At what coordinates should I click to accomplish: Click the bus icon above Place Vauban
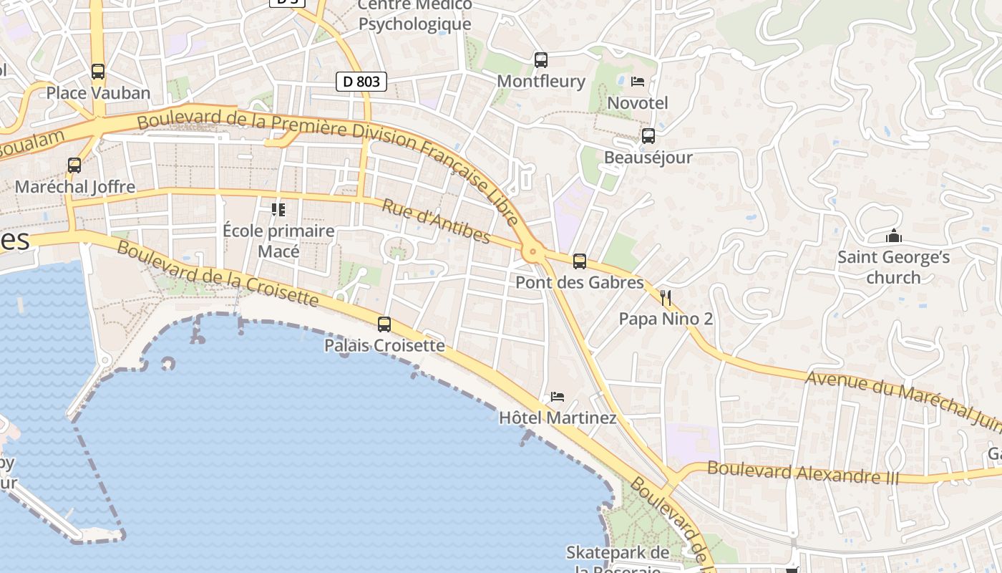pyautogui.click(x=98, y=72)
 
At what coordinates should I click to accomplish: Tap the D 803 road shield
pyautogui.click(x=361, y=82)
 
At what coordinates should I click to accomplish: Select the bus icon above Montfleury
pyautogui.click(x=541, y=59)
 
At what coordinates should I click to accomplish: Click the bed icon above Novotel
pyautogui.click(x=638, y=82)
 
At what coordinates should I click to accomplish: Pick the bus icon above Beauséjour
pyautogui.click(x=648, y=135)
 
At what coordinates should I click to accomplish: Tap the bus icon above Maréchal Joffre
pyautogui.click(x=74, y=165)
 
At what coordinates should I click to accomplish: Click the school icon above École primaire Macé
pyautogui.click(x=278, y=210)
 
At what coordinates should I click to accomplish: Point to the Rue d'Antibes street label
pyautogui.click(x=436, y=221)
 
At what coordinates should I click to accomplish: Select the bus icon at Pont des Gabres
pyautogui.click(x=580, y=261)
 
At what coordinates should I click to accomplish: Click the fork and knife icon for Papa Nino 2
pyautogui.click(x=666, y=297)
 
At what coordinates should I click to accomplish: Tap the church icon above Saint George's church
pyautogui.click(x=893, y=235)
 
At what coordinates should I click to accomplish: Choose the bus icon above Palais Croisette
pyautogui.click(x=384, y=324)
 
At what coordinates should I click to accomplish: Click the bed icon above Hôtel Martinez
pyautogui.click(x=558, y=396)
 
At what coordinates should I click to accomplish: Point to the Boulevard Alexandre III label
pyautogui.click(x=802, y=473)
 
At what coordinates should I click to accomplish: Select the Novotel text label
pyautogui.click(x=637, y=103)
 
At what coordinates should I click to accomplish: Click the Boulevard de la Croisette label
pyautogui.click(x=218, y=273)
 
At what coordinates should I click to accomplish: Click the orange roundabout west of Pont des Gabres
pyautogui.click(x=532, y=251)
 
